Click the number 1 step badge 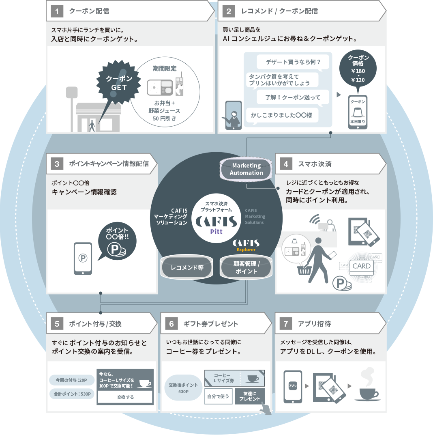[57, 11]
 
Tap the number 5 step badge [57, 324]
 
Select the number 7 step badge [286, 324]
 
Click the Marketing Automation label [247, 169]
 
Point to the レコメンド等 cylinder [187, 268]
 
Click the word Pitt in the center [216, 231]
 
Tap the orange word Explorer [246, 250]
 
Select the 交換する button [125, 397]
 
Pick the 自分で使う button [219, 396]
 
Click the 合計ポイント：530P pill [72, 394]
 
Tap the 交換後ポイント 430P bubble [183, 388]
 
